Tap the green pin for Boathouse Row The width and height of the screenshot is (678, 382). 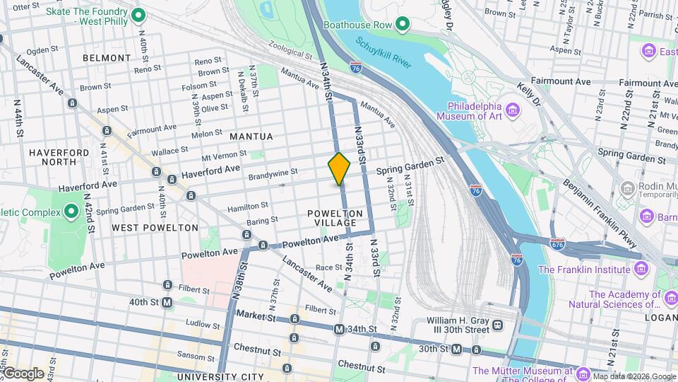pyautogui.click(x=403, y=25)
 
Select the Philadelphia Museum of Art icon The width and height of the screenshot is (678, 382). pyautogui.click(x=513, y=109)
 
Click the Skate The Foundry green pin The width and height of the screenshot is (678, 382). pyautogui.click(x=139, y=15)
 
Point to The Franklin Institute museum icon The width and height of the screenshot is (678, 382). pyautogui.click(x=641, y=270)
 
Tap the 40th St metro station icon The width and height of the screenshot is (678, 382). pyautogui.click(x=167, y=303)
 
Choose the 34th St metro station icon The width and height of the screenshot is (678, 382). pyautogui.click(x=340, y=329)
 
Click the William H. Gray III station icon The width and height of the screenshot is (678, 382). pyautogui.click(x=498, y=325)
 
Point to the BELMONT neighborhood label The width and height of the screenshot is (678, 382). pyautogui.click(x=107, y=58)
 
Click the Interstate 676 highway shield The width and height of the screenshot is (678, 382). pyautogui.click(x=557, y=243)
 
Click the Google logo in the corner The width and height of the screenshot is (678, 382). pyautogui.click(x=23, y=374)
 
